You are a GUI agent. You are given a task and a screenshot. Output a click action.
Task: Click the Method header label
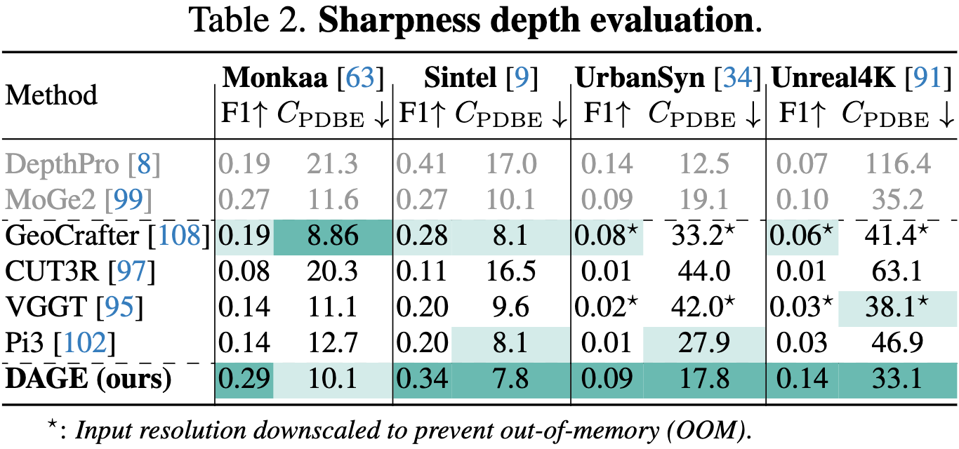[x=51, y=95]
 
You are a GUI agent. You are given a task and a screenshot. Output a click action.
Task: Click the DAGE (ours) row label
[x=88, y=380]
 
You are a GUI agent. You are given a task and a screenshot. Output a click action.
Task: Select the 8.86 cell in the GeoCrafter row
[x=332, y=236]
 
